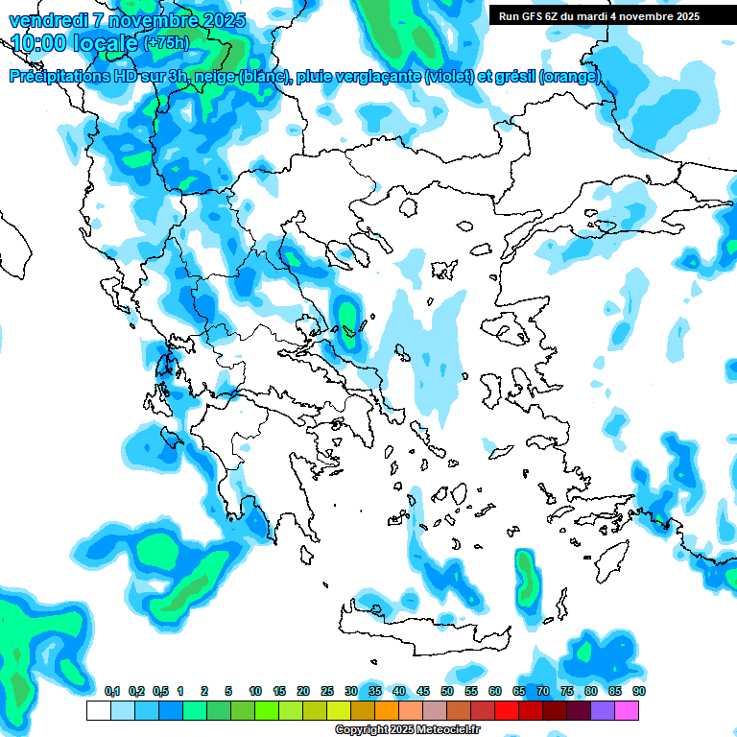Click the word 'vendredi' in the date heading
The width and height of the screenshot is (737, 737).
pos(47,20)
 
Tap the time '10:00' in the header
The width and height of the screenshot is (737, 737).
pos(42,43)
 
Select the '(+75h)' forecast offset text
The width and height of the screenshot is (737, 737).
pos(167,44)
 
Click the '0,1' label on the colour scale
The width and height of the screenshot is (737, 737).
pos(111,691)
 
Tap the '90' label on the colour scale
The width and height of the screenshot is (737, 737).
pos(639,691)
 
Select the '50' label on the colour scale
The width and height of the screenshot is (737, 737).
pos(447,691)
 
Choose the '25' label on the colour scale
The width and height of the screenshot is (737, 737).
pos(327,691)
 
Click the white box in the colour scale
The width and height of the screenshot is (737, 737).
pos(98,710)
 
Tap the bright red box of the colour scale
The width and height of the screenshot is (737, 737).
pos(508,710)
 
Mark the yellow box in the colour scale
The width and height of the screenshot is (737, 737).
pos(339,710)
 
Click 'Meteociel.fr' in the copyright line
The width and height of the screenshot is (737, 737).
pos(438,730)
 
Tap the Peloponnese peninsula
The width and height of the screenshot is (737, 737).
pos(264,480)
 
